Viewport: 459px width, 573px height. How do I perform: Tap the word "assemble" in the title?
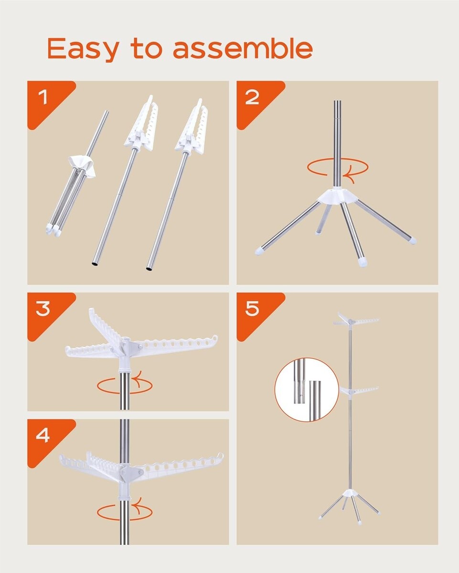[243, 48]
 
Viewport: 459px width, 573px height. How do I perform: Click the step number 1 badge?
[43, 97]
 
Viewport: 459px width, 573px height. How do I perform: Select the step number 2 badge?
[252, 97]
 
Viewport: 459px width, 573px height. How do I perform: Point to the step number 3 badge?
[43, 309]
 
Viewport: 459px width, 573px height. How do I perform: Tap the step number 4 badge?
[43, 435]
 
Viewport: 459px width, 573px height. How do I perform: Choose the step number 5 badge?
[252, 309]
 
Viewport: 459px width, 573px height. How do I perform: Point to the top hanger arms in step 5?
[355, 319]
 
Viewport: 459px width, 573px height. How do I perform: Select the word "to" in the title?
[146, 48]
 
